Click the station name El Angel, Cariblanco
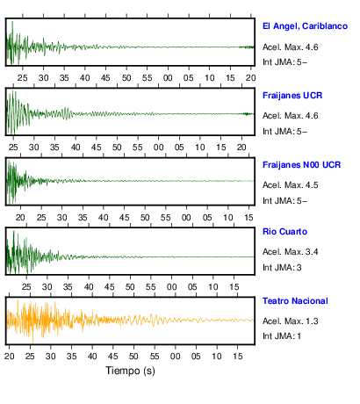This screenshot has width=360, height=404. (305, 26)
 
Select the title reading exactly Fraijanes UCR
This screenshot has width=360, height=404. (292, 96)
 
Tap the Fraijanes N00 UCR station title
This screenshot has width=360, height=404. (302, 165)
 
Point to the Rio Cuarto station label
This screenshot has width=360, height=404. (284, 232)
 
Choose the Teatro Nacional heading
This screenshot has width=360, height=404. (295, 301)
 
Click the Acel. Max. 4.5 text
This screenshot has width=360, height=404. (291, 185)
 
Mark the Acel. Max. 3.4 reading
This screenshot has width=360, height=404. (291, 252)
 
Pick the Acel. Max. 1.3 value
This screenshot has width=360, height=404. (291, 321)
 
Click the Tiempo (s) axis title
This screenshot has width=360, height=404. (130, 371)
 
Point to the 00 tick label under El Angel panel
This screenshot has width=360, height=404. (168, 78)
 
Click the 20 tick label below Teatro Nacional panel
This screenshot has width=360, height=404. (10, 357)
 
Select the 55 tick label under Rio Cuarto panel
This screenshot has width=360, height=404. (151, 287)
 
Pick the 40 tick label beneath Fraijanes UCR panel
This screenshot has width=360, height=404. (76, 148)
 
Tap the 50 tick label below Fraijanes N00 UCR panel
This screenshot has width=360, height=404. (145, 218)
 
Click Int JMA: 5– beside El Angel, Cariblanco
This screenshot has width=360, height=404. (284, 62)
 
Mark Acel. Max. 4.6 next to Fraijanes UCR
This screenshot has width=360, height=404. (291, 116)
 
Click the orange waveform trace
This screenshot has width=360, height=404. (130, 320)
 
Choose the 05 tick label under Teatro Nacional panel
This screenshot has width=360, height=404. (196, 357)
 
